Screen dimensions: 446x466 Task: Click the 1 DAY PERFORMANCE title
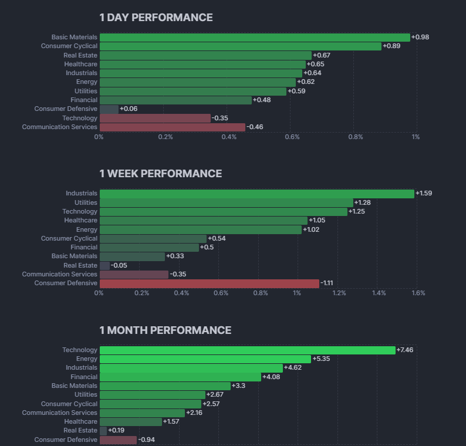click(x=156, y=18)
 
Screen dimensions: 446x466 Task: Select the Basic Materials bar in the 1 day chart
click(x=255, y=37)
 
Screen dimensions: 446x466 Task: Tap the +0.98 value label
click(x=420, y=37)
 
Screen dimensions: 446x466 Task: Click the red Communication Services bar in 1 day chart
click(x=173, y=127)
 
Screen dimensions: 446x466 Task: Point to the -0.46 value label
click(x=255, y=127)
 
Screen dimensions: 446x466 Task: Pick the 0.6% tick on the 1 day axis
click(x=292, y=137)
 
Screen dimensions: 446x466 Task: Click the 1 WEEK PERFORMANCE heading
click(x=160, y=174)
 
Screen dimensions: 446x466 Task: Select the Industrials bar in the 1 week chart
click(x=256, y=193)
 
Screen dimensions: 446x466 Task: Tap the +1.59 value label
click(x=424, y=193)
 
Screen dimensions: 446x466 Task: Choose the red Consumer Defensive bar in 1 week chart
click(x=210, y=283)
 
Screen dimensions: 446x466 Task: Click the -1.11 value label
click(x=329, y=283)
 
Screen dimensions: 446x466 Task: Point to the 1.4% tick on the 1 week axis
click(x=379, y=293)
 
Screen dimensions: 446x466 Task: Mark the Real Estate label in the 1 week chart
click(x=80, y=265)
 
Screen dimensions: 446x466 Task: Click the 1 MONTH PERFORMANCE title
click(x=165, y=330)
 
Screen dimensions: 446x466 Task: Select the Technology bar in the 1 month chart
click(x=247, y=350)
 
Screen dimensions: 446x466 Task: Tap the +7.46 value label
click(x=406, y=350)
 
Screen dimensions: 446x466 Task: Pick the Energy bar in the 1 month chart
click(x=205, y=359)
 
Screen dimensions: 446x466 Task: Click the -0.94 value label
click(x=147, y=440)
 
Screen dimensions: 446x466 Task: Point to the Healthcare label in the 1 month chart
click(x=80, y=421)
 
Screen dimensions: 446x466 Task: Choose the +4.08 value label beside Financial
click(x=271, y=377)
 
